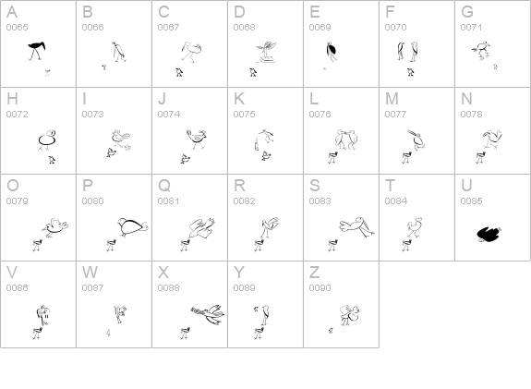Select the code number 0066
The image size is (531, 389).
point(92,28)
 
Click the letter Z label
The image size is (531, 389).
point(314,273)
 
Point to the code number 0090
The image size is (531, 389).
point(320,288)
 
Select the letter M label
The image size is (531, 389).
point(392,99)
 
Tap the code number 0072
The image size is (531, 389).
point(17,115)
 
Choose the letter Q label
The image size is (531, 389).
point(164,186)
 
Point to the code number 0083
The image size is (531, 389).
point(320,201)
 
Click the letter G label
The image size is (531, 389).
point(467,12)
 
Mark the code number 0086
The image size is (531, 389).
point(17,288)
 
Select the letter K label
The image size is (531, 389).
point(238,99)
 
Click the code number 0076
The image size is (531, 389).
point(320,115)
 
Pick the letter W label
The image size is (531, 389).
point(90,273)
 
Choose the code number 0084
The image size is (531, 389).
point(395,201)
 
